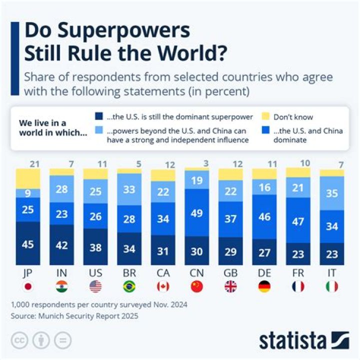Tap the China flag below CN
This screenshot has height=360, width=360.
[x=196, y=286]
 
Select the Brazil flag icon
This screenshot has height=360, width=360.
[x=129, y=286]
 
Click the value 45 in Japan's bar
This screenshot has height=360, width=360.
[x=28, y=245]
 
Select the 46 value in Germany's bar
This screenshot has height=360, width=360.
[x=264, y=217]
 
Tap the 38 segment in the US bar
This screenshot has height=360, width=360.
[x=95, y=248]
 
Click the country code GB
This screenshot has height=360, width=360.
[x=230, y=273]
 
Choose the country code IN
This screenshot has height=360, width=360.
[x=61, y=273]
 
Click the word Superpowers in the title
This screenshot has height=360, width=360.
[x=107, y=31]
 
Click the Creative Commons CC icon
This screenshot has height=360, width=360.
[x=19, y=340]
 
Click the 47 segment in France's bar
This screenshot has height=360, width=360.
[x=298, y=221]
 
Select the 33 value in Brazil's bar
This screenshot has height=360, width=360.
[x=129, y=189]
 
